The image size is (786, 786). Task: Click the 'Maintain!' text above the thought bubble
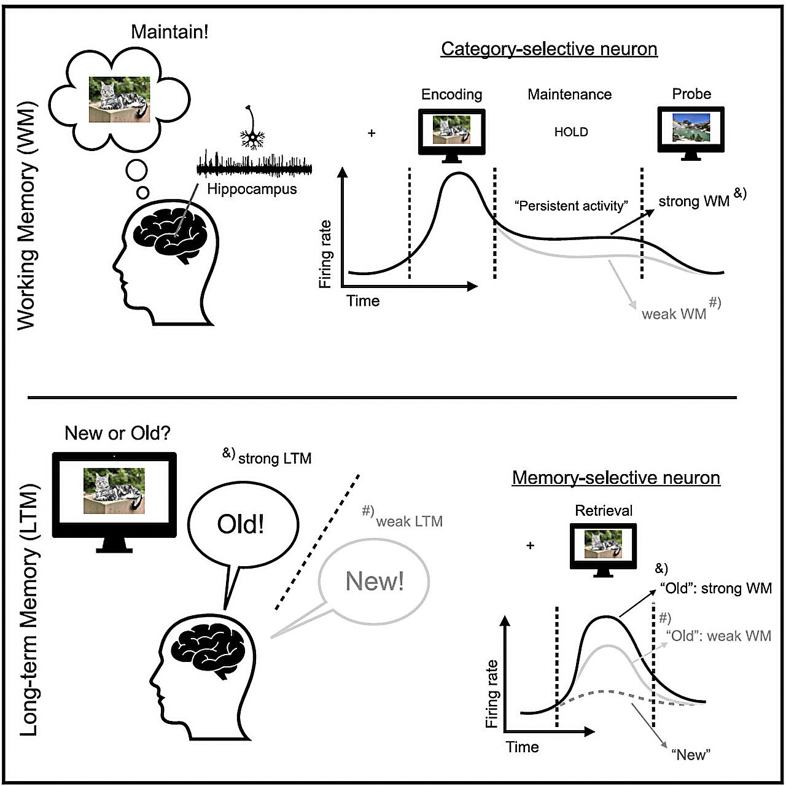pyautogui.click(x=169, y=32)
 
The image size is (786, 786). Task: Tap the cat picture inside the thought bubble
pyautogui.click(x=119, y=99)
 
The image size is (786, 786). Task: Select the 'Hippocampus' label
pyautogui.click(x=252, y=189)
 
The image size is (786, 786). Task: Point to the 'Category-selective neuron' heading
pyautogui.click(x=549, y=49)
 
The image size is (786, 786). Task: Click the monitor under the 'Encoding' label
pyautogui.click(x=451, y=133)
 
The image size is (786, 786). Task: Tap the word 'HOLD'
pyautogui.click(x=571, y=132)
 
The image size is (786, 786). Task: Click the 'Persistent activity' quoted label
pyautogui.click(x=571, y=206)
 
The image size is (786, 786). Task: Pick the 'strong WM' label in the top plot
pyautogui.click(x=694, y=201)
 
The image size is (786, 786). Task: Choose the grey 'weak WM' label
pyautogui.click(x=674, y=314)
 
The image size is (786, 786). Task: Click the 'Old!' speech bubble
pyautogui.click(x=241, y=524)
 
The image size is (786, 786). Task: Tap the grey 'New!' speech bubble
pyautogui.click(x=375, y=580)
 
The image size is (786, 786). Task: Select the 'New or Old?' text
pyautogui.click(x=117, y=434)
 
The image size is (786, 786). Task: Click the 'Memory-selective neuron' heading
pyautogui.click(x=616, y=478)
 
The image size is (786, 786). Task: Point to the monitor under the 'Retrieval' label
pyautogui.click(x=603, y=548)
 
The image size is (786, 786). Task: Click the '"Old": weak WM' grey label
pyautogui.click(x=718, y=636)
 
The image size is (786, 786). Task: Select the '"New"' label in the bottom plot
pyautogui.click(x=691, y=755)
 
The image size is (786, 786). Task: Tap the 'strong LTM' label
pyautogui.click(x=274, y=459)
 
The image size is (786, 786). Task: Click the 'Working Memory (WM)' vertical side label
pyautogui.click(x=26, y=216)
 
